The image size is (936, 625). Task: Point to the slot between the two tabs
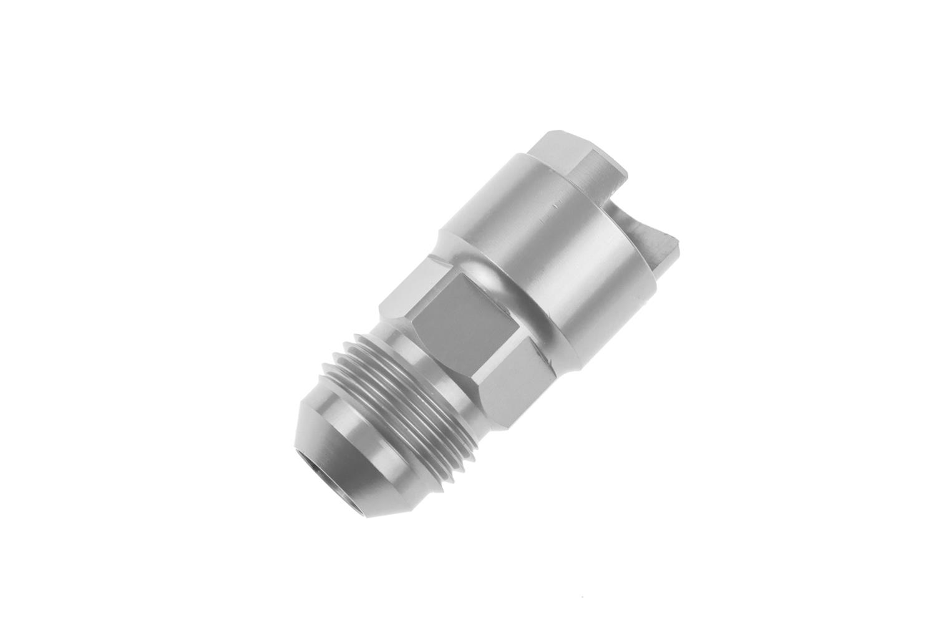(x=627, y=200)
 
